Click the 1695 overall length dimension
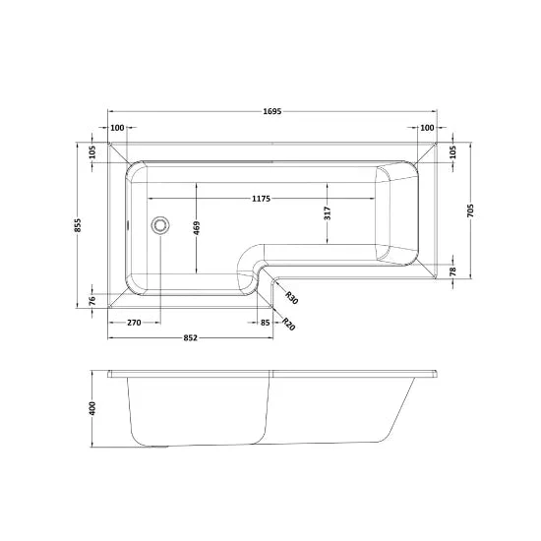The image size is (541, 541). click(272, 111)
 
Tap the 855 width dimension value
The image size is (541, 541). click(78, 225)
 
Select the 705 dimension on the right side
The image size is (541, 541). click(470, 210)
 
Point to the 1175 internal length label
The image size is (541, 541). click(261, 199)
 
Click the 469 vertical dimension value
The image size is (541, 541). click(197, 228)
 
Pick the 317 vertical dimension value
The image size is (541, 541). click(328, 212)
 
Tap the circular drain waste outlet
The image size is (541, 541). click(160, 225)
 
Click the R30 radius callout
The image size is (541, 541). click(291, 297)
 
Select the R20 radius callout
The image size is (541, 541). click(289, 324)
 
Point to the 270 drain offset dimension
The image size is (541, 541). click(134, 323)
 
